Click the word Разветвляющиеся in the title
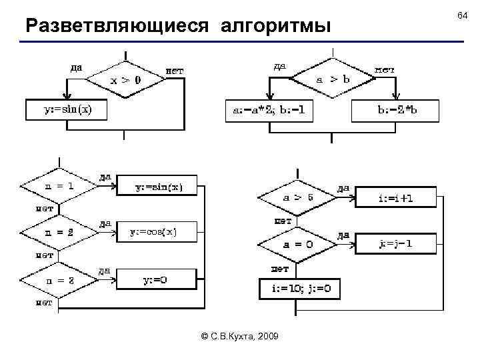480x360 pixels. point(114,26)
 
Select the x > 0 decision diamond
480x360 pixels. point(125,80)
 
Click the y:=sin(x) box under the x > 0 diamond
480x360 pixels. point(67,109)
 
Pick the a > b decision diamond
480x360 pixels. point(333,79)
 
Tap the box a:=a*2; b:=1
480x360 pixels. point(269,110)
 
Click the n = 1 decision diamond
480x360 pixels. point(59,187)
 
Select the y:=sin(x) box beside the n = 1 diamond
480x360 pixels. point(157,187)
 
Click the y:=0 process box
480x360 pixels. point(155,279)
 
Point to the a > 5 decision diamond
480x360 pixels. point(297,198)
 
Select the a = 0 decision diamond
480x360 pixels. point(297,244)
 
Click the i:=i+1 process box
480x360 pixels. point(396,198)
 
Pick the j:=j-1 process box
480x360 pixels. point(396,244)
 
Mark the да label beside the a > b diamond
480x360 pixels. point(281,65)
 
